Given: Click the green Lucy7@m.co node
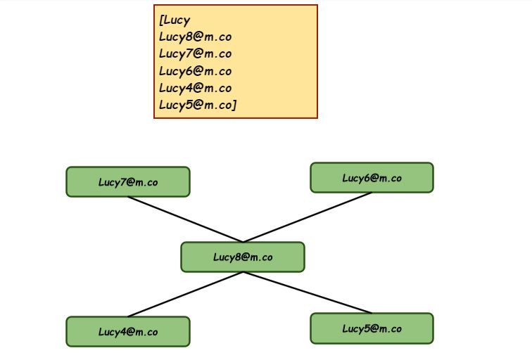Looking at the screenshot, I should click(127, 181).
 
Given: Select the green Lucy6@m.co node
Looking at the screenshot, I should click(372, 177).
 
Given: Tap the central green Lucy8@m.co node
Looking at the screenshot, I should click(242, 257).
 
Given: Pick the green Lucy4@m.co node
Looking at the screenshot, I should click(127, 331).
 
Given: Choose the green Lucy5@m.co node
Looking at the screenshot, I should click(372, 328).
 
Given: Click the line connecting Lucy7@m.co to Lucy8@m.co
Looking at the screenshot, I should click(185, 219).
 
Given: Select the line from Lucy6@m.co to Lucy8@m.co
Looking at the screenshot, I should click(307, 217).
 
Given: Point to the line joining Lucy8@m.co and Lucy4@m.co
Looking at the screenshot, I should click(185, 294).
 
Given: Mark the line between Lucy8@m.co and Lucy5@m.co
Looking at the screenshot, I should click(307, 292).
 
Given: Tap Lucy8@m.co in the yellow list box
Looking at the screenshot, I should click(195, 37).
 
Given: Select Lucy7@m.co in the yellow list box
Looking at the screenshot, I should click(195, 53).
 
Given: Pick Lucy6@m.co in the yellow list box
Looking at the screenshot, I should click(195, 70).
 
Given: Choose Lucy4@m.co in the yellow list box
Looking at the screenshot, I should click(195, 87).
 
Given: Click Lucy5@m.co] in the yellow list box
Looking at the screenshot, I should click(197, 105).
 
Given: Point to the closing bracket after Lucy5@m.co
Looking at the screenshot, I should click(234, 105).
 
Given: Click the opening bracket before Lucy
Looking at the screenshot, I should click(161, 20).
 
